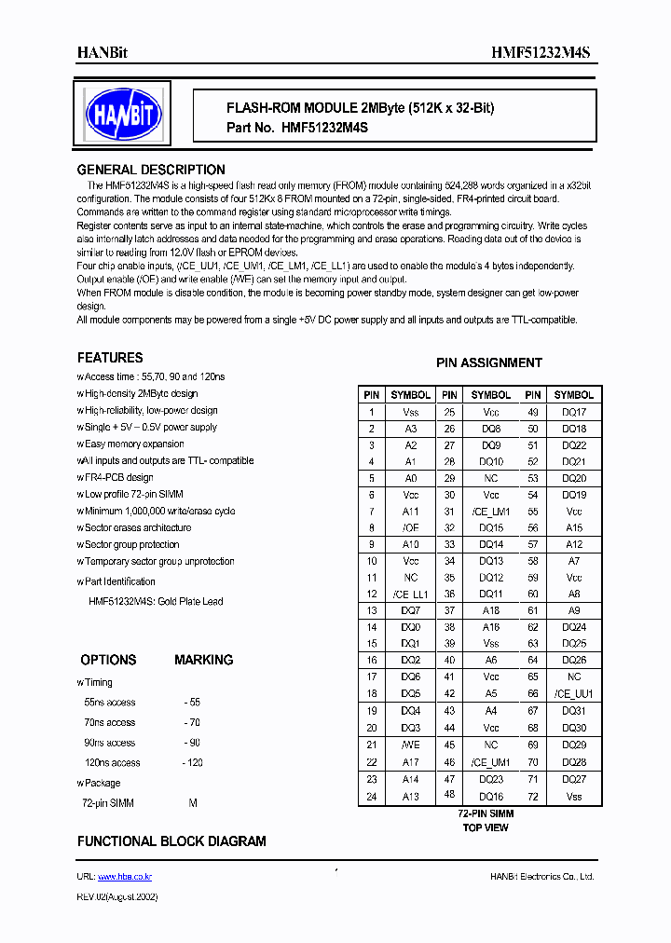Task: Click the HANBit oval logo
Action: click(x=123, y=114)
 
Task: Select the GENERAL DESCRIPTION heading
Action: click(x=150, y=170)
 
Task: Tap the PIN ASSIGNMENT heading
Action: click(x=488, y=362)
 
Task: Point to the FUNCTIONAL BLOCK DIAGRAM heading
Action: click(x=171, y=840)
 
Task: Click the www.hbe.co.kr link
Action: click(x=125, y=877)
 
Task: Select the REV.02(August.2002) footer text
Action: click(x=117, y=896)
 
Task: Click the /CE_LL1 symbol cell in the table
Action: click(x=410, y=594)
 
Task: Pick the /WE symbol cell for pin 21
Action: click(x=410, y=745)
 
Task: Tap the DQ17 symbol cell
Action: click(x=574, y=411)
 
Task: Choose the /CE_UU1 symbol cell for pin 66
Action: click(x=574, y=694)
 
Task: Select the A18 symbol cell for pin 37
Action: click(x=491, y=610)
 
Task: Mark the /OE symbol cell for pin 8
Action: click(x=410, y=527)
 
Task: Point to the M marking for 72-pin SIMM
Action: click(x=193, y=802)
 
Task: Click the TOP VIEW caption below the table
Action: click(x=486, y=827)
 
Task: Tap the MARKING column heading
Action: click(x=203, y=660)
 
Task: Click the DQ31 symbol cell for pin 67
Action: click(x=574, y=711)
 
